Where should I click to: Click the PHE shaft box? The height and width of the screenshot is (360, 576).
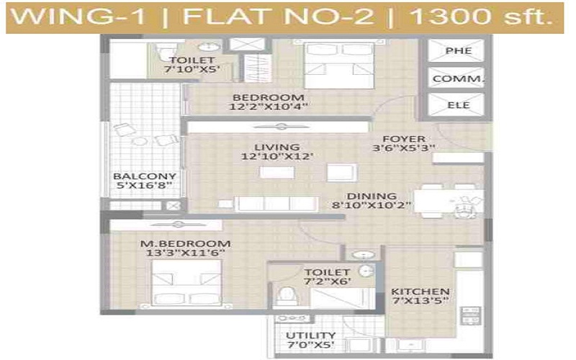[x=456, y=50]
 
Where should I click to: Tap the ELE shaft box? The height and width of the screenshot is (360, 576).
[x=456, y=104]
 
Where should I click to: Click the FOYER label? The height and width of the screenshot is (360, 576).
[x=404, y=139]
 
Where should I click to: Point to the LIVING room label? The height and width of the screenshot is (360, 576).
[x=277, y=148]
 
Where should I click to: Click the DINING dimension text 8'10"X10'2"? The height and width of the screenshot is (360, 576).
[x=371, y=205]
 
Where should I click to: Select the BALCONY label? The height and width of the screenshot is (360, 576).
[x=145, y=176]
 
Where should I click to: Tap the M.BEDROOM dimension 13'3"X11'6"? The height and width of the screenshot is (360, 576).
[x=185, y=253]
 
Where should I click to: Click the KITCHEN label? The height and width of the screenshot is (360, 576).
[x=420, y=292]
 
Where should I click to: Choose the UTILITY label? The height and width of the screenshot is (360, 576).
[x=311, y=335]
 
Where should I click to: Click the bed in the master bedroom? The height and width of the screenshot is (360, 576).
[x=186, y=282]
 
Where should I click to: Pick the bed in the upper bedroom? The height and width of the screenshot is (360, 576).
[x=339, y=66]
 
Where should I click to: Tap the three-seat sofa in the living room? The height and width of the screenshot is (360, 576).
[x=276, y=204]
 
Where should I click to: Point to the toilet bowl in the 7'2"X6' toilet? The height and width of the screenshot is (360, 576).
[x=285, y=294]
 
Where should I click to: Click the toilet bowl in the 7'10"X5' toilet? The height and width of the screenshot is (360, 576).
[x=166, y=50]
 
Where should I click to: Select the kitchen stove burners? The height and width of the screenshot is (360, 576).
[x=471, y=316]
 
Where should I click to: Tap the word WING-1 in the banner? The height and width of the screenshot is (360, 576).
[x=78, y=17]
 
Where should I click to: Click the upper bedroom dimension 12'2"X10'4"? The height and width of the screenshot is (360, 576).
[x=268, y=107]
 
